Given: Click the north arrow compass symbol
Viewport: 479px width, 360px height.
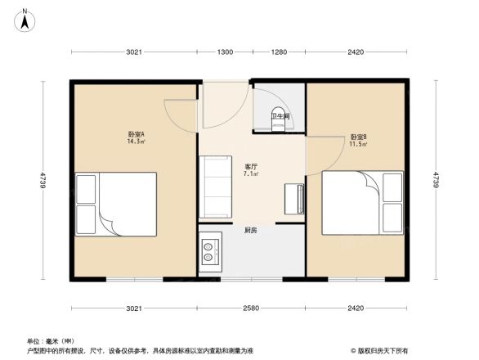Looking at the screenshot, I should pyautogui.click(x=26, y=17).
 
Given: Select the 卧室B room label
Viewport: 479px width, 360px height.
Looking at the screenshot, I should pyautogui.click(x=358, y=137).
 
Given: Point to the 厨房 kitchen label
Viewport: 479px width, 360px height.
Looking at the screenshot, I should pyautogui.click(x=251, y=231).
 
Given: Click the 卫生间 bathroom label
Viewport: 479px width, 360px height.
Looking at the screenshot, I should pyautogui.click(x=282, y=116).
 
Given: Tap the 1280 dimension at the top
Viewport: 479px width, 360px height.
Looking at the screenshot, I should pyautogui.click(x=280, y=52).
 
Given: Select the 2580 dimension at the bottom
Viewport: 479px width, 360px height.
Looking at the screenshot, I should pyautogui.click(x=251, y=308).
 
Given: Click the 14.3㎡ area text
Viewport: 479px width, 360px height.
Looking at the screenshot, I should pyautogui.click(x=136, y=142).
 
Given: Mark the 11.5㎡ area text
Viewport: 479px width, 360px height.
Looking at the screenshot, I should pyautogui.click(x=358, y=145).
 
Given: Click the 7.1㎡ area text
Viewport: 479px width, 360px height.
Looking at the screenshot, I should pyautogui.click(x=252, y=174).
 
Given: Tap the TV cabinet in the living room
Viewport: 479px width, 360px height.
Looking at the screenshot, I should pyautogui.click(x=293, y=199).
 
